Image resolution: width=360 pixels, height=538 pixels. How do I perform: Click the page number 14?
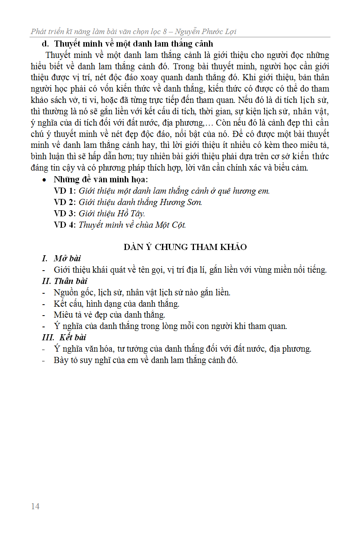pyautogui.click(x=35, y=506)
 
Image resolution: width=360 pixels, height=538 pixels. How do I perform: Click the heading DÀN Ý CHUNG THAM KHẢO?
pyautogui.click(x=185, y=247)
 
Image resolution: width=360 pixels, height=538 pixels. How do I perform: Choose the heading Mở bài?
pyautogui.click(x=67, y=258)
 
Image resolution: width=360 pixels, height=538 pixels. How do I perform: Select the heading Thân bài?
pyautogui.click(x=70, y=281)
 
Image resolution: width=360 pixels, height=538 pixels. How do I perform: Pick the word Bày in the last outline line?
pyautogui.click(x=61, y=360)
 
